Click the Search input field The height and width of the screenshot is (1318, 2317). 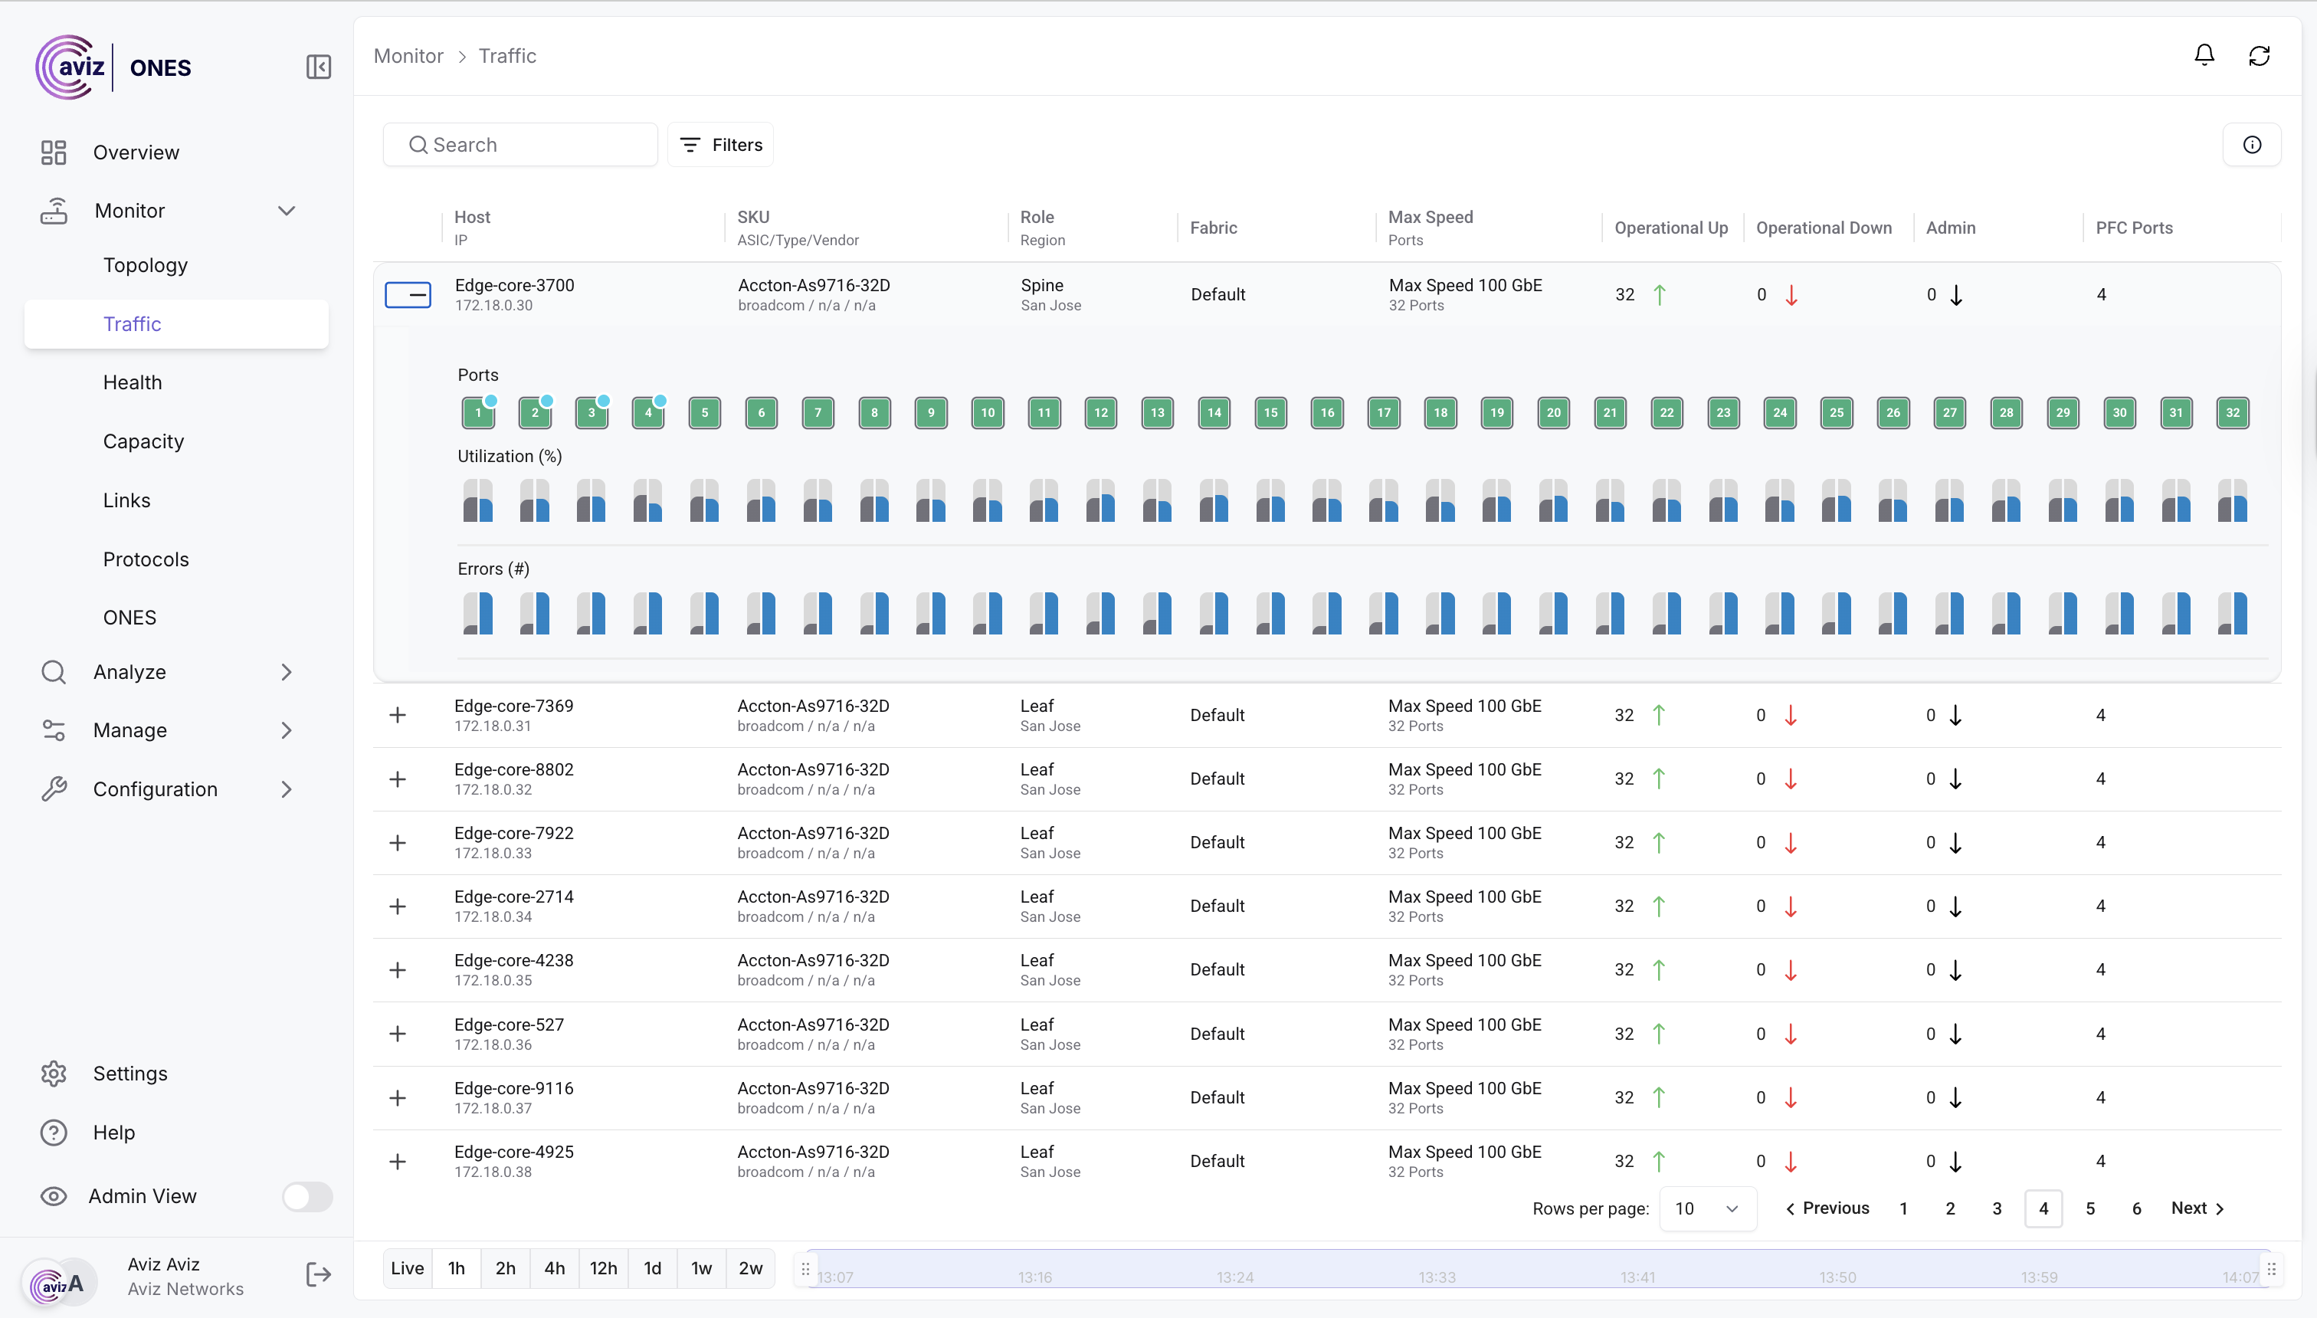534,145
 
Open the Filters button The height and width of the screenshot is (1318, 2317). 721,145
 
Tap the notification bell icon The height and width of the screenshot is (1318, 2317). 2204,56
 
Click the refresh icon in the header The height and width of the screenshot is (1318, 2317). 2259,56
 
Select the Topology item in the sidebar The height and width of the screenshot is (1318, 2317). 145,265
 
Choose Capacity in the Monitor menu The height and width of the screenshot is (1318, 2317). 143,441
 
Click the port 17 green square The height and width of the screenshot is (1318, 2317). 1384,413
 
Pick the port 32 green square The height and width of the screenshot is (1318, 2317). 2233,413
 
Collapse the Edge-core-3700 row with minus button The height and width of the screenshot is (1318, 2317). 408,295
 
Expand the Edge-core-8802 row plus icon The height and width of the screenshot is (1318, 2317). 398,779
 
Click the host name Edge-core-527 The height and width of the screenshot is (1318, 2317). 509,1025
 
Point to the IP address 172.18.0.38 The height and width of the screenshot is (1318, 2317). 493,1172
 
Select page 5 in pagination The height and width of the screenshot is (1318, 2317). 2090,1208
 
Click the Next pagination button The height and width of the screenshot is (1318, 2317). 2197,1208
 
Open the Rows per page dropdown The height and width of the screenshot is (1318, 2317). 1707,1208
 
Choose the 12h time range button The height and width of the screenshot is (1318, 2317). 603,1268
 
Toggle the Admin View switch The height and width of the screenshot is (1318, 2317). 306,1197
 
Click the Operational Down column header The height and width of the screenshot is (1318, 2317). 1824,228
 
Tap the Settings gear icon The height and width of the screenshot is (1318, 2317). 54,1074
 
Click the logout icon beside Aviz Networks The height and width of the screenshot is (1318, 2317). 319,1275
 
